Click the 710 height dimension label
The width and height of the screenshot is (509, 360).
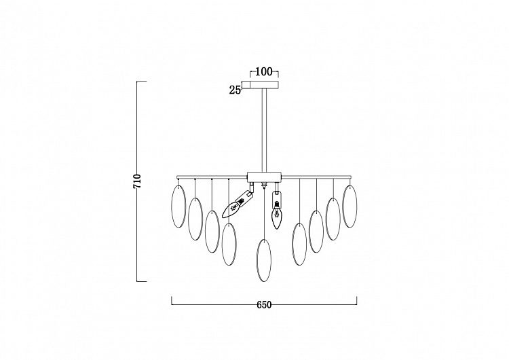[138, 181]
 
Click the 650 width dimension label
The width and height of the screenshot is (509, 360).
[264, 305]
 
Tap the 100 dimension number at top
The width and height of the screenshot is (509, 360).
[264, 71]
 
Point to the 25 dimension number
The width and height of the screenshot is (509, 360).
[235, 90]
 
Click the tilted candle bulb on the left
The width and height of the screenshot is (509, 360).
[237, 204]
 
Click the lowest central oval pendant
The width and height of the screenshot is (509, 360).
[263, 260]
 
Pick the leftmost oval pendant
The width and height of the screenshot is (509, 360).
[178, 206]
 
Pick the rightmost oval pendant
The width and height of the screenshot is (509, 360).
[350, 206]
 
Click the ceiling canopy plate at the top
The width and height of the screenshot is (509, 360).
[264, 84]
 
